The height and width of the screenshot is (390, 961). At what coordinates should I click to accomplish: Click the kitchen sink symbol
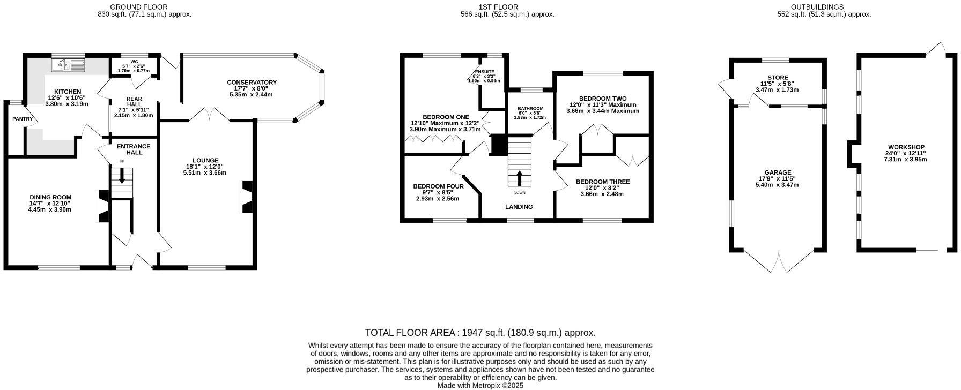(x=68, y=65)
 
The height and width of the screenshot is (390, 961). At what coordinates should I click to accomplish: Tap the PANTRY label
(x=23, y=119)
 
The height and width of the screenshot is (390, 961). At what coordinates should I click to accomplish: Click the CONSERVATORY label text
(x=252, y=82)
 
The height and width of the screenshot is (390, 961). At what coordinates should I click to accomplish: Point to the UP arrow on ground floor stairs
(x=122, y=176)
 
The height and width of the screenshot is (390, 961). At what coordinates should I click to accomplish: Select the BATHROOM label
(x=530, y=109)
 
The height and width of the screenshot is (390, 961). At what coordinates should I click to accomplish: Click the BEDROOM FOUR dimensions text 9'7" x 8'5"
(x=438, y=192)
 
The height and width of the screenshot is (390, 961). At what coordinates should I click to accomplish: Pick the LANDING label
(x=519, y=207)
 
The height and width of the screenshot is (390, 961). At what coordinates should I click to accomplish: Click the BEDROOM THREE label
(x=603, y=182)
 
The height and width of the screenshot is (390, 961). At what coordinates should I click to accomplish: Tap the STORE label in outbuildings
(x=778, y=78)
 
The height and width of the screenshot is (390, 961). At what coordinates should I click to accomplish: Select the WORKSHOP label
(x=906, y=147)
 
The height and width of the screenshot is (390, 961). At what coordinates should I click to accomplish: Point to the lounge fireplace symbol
(x=247, y=197)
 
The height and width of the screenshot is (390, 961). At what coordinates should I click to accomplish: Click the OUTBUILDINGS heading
(x=824, y=7)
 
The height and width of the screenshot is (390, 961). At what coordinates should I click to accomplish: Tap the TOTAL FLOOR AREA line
(x=480, y=333)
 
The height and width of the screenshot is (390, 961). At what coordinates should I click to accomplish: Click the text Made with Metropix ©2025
(x=480, y=385)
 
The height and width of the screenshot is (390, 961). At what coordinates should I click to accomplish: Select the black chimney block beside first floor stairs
(x=499, y=144)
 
